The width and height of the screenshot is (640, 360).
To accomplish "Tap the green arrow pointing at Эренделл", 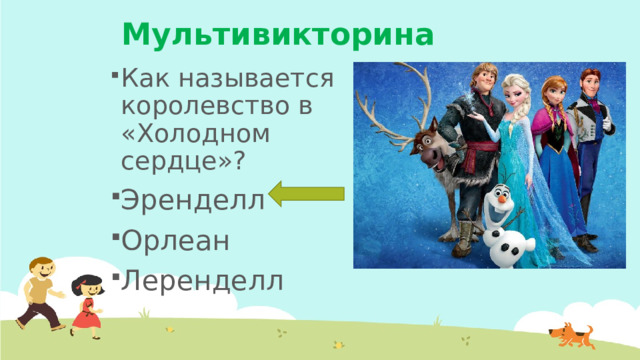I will click(x=307, y=195).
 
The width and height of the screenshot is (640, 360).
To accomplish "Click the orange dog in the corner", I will click(x=572, y=335).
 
